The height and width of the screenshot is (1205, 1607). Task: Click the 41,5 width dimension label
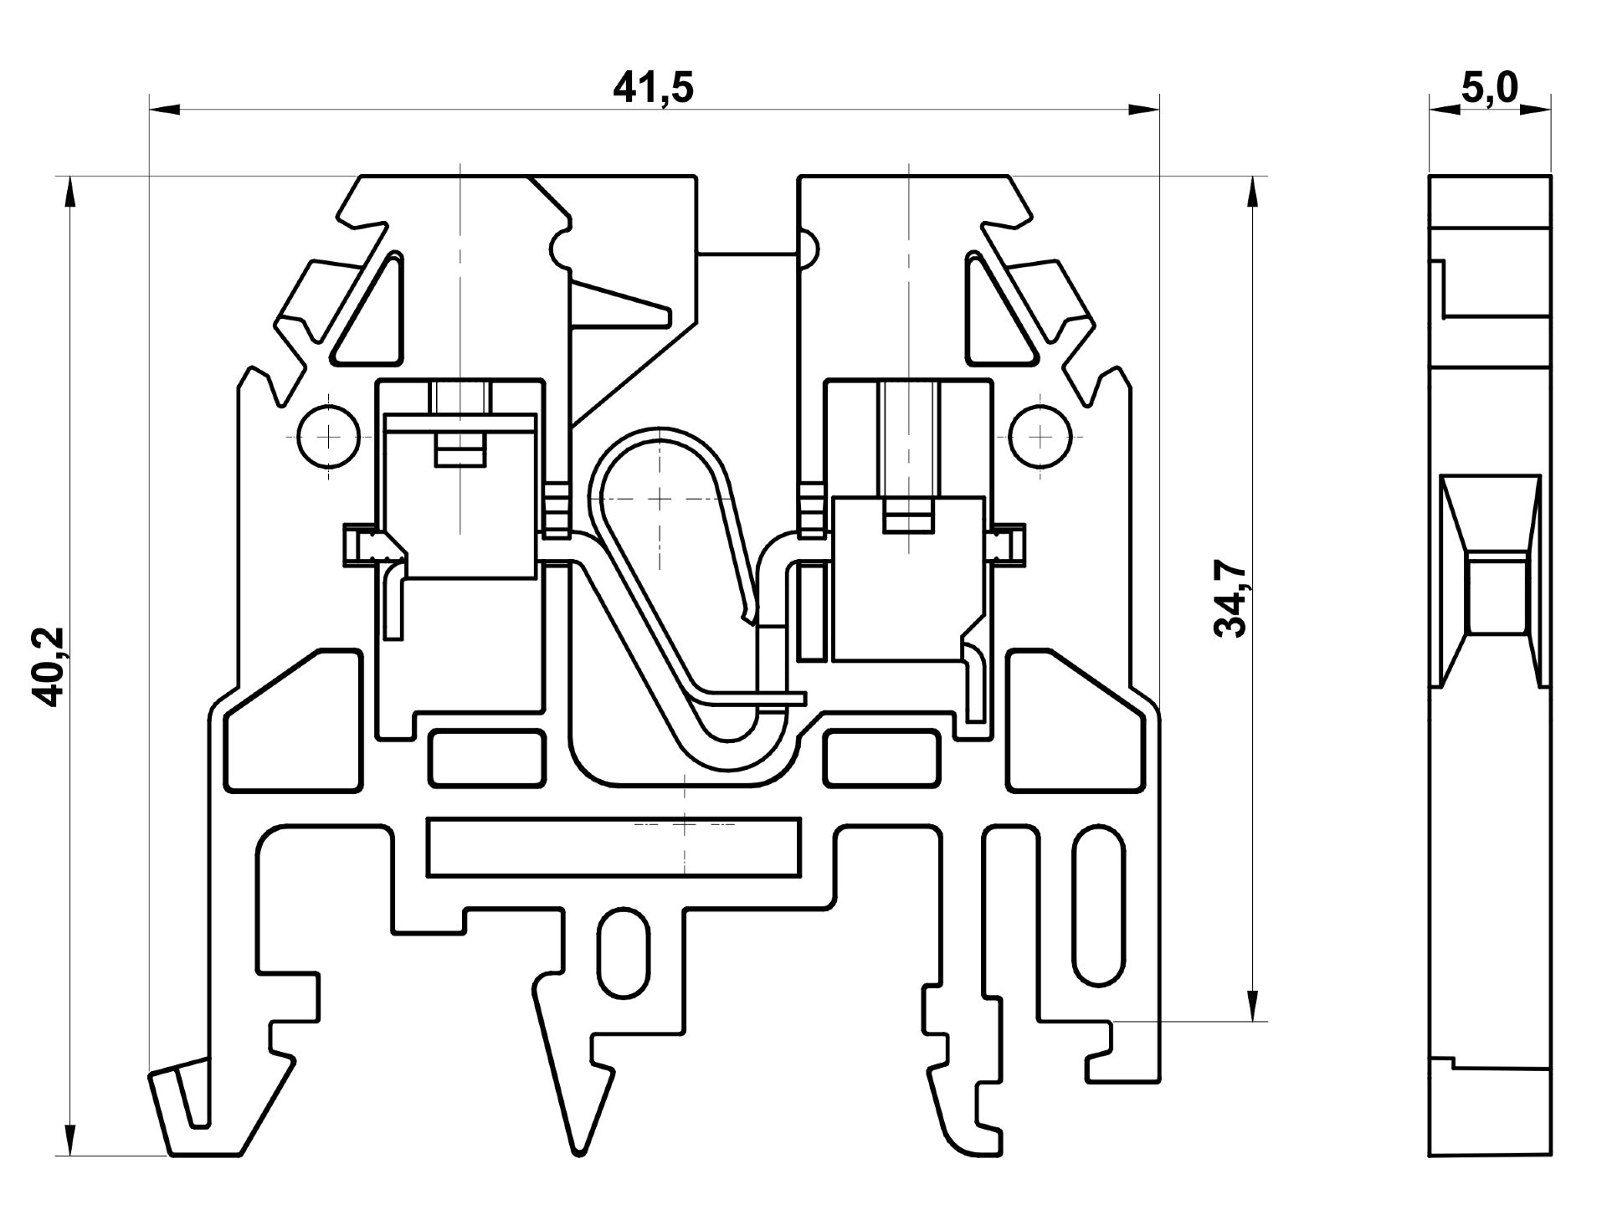pyautogui.click(x=654, y=87)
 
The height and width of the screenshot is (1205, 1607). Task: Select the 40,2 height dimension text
pyautogui.click(x=52, y=666)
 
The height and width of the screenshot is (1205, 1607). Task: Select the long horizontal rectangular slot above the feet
pyautogui.click(x=613, y=849)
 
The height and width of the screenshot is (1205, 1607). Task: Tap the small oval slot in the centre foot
pyautogui.click(x=624, y=951)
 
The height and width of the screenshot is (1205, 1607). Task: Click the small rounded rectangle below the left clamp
pyautogui.click(x=486, y=758)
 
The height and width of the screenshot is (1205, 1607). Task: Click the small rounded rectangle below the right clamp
pyautogui.click(x=881, y=758)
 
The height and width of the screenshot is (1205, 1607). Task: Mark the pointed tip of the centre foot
pyautogui.click(x=578, y=1151)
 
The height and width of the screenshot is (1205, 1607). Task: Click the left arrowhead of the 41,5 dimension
pyautogui.click(x=164, y=109)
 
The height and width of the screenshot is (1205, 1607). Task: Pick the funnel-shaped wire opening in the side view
pyautogui.click(x=1491, y=577)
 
